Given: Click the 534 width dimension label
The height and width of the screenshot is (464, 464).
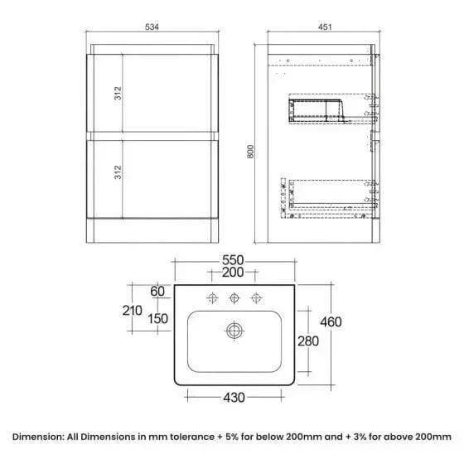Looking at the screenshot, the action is pyautogui.click(x=152, y=27).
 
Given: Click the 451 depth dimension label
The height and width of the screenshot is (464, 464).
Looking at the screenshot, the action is pyautogui.click(x=325, y=27).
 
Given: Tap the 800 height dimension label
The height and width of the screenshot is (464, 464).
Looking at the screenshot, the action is pyautogui.click(x=250, y=152).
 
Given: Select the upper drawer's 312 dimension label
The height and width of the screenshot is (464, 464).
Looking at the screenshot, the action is pyautogui.click(x=118, y=93).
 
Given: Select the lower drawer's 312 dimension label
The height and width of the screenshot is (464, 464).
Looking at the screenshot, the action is pyautogui.click(x=118, y=172).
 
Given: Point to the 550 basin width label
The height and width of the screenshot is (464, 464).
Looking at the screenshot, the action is pyautogui.click(x=233, y=260).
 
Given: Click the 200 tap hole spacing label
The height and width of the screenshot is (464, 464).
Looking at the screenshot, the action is pyautogui.click(x=233, y=273).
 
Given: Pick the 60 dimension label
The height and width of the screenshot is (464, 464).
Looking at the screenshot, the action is pyautogui.click(x=157, y=292).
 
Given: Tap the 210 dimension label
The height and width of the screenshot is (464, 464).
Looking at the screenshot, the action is pyautogui.click(x=133, y=311).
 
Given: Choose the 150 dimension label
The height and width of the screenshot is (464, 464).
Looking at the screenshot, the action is pyautogui.click(x=158, y=319).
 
